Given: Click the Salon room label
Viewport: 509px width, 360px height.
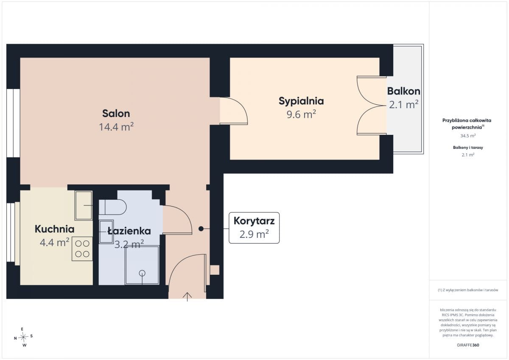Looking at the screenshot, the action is pos(116,113).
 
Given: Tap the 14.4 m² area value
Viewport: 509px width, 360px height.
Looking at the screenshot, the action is pos(116,126).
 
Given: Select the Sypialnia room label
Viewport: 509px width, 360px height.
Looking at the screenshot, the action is pos(301,101).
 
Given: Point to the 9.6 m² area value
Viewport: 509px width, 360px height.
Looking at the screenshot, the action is pos(301,114).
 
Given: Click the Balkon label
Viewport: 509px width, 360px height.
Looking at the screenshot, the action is pos(404,91).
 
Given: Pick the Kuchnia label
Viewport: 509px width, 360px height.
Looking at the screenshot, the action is pos(55,229).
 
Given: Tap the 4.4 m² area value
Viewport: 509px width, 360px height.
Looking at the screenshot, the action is pos(55,242).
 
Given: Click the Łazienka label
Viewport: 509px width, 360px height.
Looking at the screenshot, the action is pos(129,231).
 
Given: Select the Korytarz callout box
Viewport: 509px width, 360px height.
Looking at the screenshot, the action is pos(254,228).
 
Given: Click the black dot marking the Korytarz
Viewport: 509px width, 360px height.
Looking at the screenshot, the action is pos(201,229).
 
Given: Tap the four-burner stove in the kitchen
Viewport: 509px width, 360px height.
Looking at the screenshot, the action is pos(82,249).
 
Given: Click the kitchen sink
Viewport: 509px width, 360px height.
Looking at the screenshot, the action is pos(84,205).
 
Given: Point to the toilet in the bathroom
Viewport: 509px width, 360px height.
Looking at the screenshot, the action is pos(112,207).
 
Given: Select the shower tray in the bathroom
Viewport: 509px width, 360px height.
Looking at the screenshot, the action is pos(142,265).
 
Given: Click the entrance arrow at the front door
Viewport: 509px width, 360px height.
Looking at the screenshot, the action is pos(187,297).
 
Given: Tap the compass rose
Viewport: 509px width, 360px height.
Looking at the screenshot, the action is pos(23,337).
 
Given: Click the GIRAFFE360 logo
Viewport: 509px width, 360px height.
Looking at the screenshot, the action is pos(468,345).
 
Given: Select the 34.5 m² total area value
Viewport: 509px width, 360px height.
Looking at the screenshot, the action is pos(468,136).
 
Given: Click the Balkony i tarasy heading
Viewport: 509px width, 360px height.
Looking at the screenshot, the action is pos(468,148).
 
